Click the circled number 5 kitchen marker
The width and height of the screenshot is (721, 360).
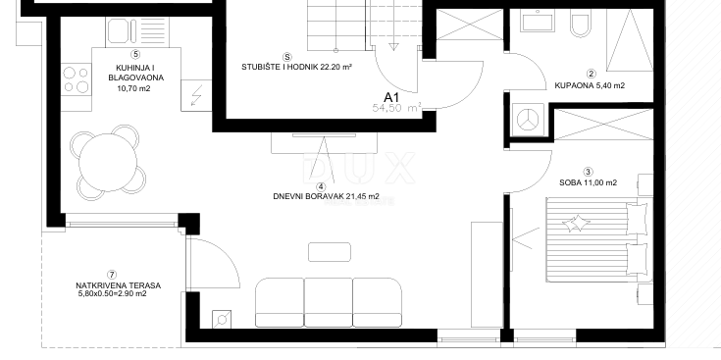[x=133, y=53]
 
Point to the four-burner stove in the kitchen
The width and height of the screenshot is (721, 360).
[x=77, y=79]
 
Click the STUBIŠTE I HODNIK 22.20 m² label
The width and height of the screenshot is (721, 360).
[x=297, y=68]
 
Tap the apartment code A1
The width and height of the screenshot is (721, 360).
[x=391, y=97]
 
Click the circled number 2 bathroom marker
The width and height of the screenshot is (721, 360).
[x=591, y=73]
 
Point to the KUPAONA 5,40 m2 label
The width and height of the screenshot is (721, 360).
[x=591, y=85]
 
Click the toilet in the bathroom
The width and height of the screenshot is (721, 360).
[x=580, y=24]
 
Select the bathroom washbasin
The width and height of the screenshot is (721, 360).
[x=536, y=22]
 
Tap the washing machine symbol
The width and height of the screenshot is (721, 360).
[x=529, y=118]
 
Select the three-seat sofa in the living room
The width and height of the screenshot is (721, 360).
[x=329, y=300]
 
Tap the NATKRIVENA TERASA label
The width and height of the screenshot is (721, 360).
[x=118, y=286]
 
